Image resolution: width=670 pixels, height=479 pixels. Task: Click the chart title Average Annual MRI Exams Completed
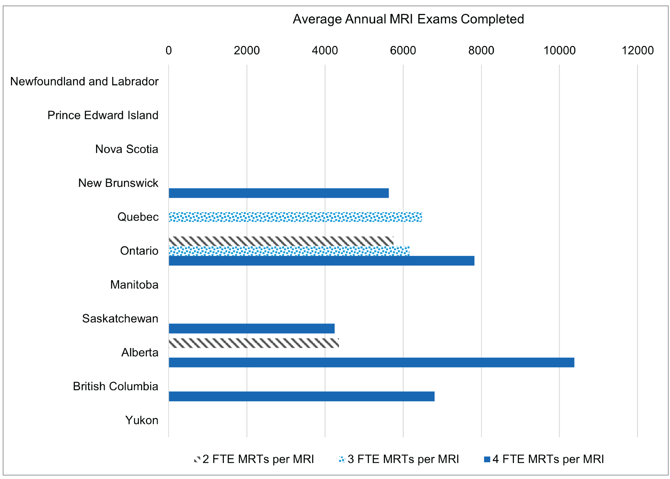click(408, 19)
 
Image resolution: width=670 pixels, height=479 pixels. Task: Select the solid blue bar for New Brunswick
click(279, 193)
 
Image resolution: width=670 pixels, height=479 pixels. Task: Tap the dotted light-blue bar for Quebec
click(295, 217)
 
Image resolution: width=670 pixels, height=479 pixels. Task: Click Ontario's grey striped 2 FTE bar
click(281, 241)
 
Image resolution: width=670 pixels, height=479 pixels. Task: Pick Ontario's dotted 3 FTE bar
click(289, 251)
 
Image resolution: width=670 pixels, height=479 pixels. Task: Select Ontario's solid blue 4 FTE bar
click(321, 261)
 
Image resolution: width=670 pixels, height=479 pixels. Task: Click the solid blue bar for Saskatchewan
click(251, 329)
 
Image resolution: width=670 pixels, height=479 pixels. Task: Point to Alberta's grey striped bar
click(254, 343)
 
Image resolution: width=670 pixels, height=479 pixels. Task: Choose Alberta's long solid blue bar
click(371, 362)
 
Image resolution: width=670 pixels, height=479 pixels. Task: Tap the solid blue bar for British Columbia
click(301, 396)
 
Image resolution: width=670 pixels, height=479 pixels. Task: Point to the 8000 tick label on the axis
click(481, 50)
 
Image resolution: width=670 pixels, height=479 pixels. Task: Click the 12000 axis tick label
click(638, 50)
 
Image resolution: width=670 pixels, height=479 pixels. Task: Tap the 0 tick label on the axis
click(169, 50)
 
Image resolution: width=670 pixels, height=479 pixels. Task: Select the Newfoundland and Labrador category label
click(84, 81)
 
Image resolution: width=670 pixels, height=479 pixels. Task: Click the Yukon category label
click(142, 420)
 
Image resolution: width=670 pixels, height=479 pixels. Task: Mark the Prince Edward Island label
click(103, 115)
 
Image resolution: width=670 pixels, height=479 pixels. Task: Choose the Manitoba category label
click(134, 285)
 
